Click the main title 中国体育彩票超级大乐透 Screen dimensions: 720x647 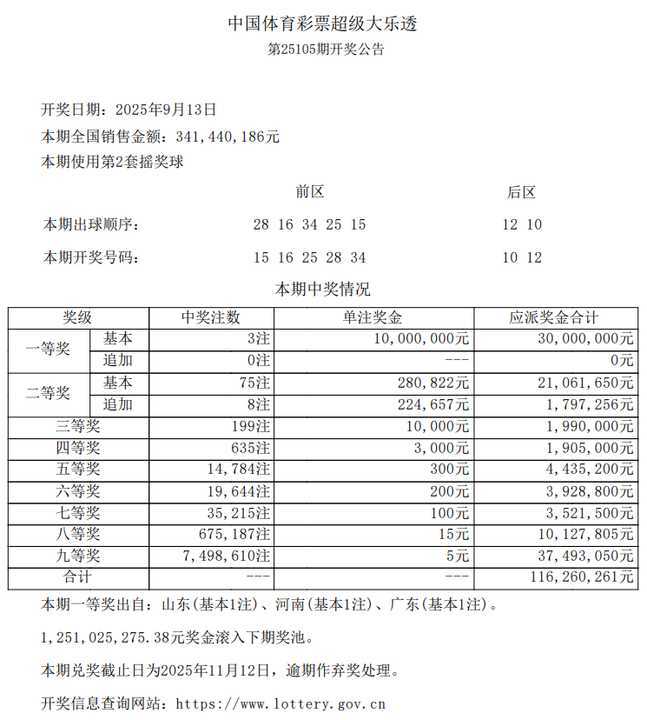point(323,24)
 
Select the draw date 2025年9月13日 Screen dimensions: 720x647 point(165,110)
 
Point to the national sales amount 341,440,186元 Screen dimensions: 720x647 point(228,137)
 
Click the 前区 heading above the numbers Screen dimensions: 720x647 point(309,192)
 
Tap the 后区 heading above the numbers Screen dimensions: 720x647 point(522,192)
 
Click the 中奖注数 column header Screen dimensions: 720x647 point(211,318)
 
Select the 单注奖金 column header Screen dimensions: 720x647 point(373,318)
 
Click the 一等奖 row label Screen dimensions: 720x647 point(49,350)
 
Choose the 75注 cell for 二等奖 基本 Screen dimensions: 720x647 point(255,383)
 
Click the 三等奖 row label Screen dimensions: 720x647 point(77,426)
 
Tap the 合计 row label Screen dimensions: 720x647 point(77,577)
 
